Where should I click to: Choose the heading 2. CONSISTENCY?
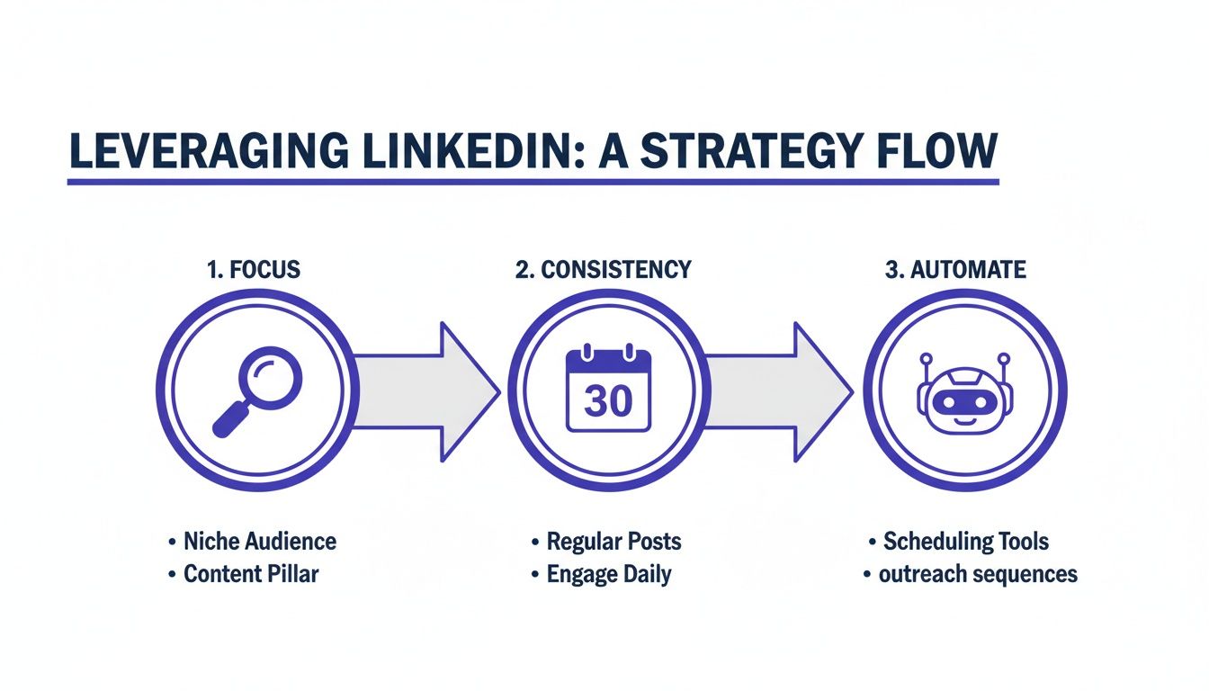[604, 269]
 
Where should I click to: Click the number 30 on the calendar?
[608, 400]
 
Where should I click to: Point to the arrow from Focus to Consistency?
[423, 393]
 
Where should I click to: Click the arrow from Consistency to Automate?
[775, 393]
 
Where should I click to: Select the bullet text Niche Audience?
[259, 542]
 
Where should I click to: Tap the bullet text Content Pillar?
[251, 574]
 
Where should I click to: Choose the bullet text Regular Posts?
[613, 542]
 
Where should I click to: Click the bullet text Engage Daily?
[609, 574]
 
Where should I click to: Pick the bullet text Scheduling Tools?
[965, 542]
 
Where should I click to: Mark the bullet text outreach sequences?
[977, 574]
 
